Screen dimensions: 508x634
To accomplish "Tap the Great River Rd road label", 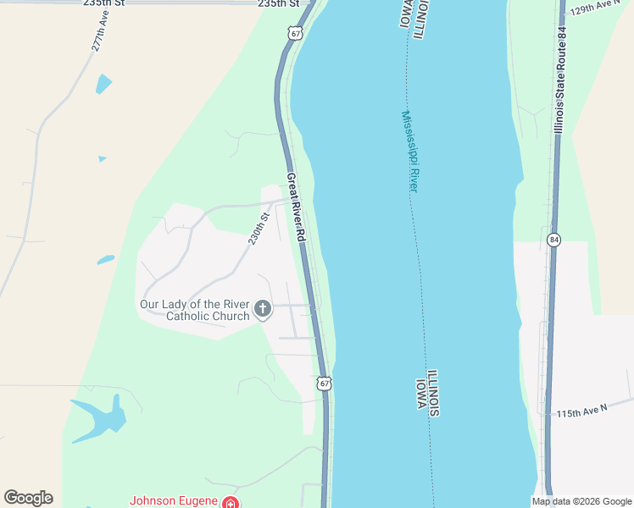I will pyautogui.click(x=295, y=207).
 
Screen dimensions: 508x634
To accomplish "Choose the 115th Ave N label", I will pyautogui.click(x=581, y=411).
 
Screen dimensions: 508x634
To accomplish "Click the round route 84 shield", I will pyautogui.click(x=553, y=240).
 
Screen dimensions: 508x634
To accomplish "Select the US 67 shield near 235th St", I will pyautogui.click(x=293, y=32).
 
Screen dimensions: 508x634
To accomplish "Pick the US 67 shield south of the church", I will pyautogui.click(x=324, y=384).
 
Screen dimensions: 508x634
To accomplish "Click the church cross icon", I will pyautogui.click(x=263, y=308).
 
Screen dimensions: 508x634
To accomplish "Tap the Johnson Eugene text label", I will pyautogui.click(x=173, y=500).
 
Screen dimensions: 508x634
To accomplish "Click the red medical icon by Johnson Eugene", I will pyautogui.click(x=229, y=502).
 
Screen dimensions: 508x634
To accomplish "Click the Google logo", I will pyautogui.click(x=28, y=498).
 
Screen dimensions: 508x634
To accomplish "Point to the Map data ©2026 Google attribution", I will pyautogui.click(x=581, y=501).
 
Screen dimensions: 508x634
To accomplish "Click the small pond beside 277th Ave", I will pyautogui.click(x=103, y=84).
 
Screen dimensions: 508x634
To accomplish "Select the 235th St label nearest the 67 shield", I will pyautogui.click(x=279, y=4).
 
